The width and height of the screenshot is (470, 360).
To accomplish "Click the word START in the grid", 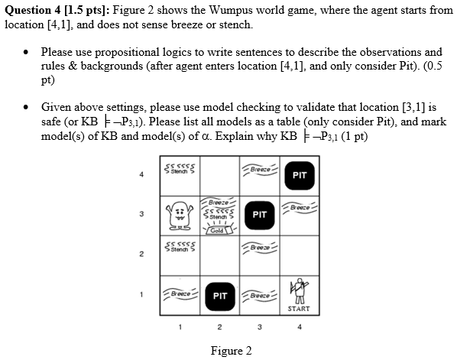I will pos(299,309).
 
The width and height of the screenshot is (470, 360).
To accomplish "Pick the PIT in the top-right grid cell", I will pos(300,175).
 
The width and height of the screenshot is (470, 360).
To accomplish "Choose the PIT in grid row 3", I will pos(260,215).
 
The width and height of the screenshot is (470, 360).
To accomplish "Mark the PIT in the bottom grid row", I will pos(220,294).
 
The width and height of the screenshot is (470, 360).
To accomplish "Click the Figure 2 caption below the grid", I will pos(231,351).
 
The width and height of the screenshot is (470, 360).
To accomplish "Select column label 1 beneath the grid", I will pos(180,328).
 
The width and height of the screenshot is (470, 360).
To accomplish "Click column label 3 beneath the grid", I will pos(260,328).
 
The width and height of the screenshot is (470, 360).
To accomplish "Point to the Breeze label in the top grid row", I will pos(260,169).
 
